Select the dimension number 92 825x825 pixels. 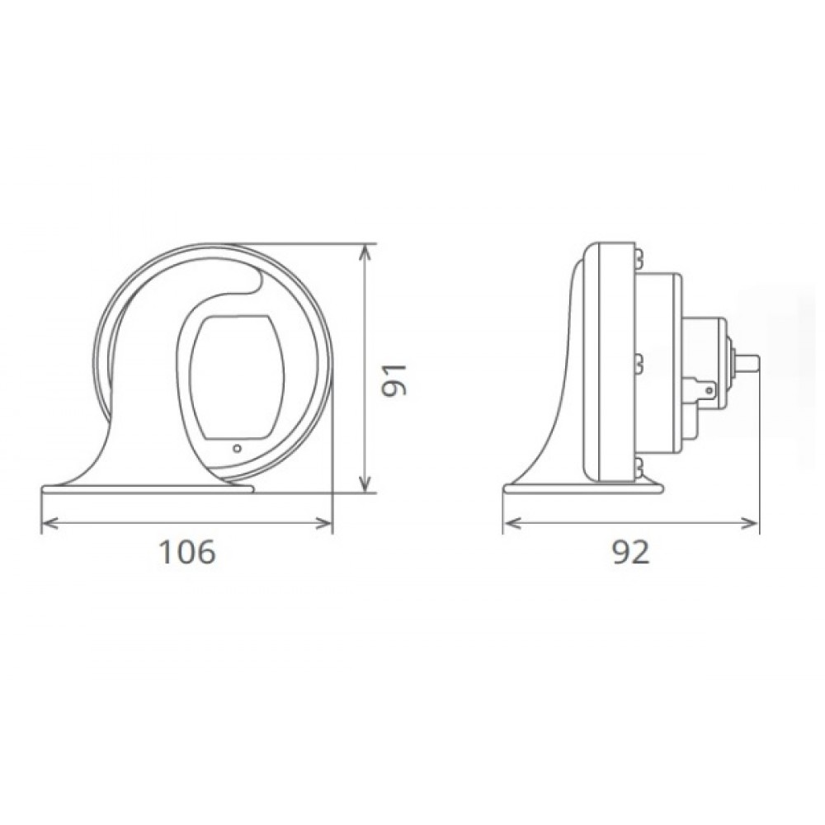coord(631,552)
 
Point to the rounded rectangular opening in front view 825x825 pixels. coord(237,377)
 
